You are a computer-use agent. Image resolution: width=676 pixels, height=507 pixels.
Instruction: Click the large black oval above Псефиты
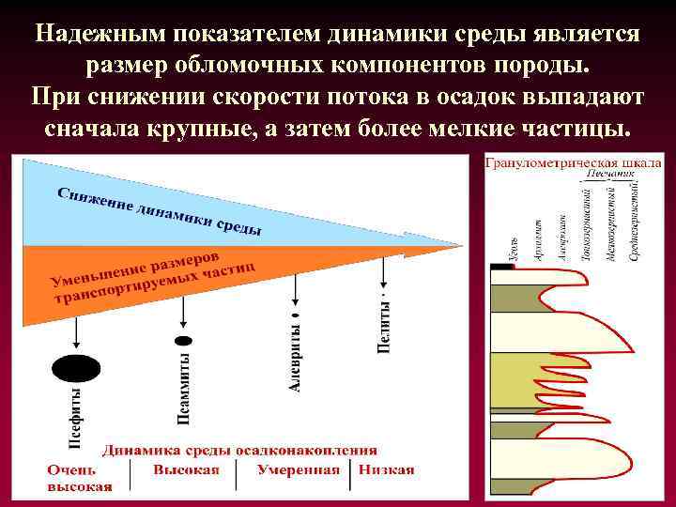tap(74, 368)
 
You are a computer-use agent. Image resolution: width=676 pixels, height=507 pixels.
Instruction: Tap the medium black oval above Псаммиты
tap(184, 340)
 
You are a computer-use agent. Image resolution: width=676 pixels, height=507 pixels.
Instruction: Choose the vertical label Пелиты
tap(383, 324)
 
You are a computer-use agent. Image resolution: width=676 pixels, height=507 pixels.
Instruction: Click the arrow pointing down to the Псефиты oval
tap(75, 332)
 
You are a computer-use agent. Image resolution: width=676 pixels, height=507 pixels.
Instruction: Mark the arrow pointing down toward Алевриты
tap(293, 286)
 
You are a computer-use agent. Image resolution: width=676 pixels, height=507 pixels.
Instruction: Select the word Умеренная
tap(298, 469)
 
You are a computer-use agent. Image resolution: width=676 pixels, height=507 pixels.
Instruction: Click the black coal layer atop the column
tap(502, 268)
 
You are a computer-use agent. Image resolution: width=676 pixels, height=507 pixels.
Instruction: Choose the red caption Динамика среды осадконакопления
tap(239, 450)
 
